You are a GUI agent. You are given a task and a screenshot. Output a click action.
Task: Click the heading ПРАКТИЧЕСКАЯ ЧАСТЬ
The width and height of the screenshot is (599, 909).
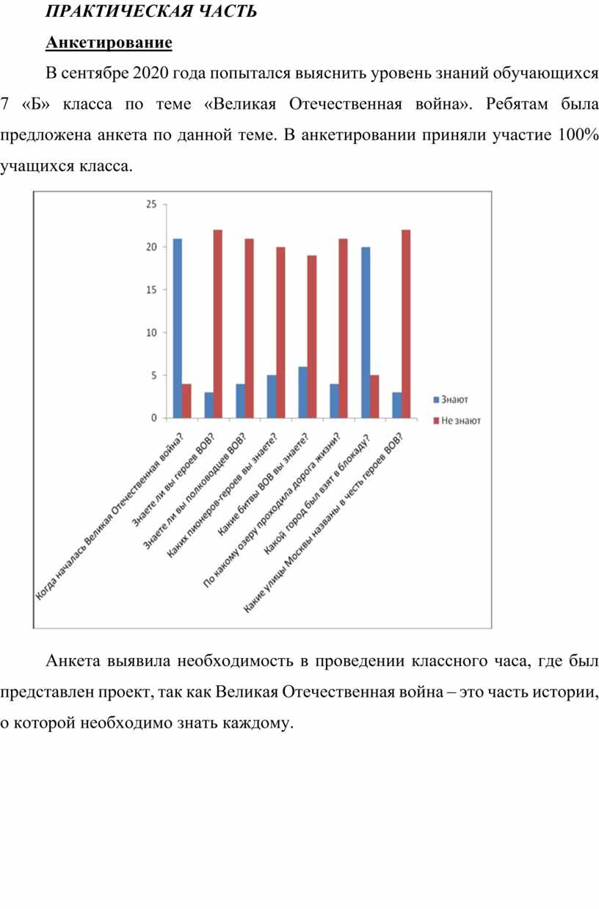point(151,11)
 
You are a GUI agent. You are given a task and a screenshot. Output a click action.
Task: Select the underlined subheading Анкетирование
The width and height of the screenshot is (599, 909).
point(109,43)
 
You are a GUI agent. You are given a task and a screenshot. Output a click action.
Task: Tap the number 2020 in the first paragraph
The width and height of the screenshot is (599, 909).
point(150,73)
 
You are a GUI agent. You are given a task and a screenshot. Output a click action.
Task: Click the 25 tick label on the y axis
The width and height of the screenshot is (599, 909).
point(151,204)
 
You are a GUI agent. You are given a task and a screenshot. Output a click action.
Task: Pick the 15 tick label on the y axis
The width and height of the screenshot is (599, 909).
point(151,290)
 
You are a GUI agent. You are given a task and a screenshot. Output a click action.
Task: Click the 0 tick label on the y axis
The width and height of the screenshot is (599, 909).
point(154,418)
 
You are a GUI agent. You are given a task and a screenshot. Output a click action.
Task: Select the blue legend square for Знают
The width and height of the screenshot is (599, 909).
point(436,399)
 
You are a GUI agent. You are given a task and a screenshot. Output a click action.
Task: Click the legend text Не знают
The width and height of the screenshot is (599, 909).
point(460,421)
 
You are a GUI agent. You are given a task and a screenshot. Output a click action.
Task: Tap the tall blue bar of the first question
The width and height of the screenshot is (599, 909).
point(178,328)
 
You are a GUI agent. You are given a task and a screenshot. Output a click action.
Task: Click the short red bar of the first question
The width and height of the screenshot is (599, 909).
point(186,401)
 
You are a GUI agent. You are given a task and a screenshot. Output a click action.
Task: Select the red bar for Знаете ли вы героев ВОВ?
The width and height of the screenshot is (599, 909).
point(218,324)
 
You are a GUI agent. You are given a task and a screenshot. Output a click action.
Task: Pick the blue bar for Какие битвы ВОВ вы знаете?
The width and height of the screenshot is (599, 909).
point(302,392)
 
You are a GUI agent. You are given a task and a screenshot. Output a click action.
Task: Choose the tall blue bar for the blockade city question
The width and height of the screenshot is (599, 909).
point(366,333)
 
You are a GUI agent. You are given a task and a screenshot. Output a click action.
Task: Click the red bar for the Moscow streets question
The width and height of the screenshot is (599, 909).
point(406,324)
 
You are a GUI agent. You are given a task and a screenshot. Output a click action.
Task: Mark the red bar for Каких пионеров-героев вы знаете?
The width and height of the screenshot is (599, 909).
point(281,333)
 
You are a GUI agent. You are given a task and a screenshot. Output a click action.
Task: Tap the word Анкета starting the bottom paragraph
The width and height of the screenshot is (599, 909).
point(73,661)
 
